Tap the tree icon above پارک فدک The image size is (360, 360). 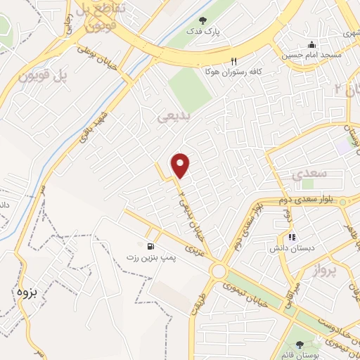[x=203, y=21]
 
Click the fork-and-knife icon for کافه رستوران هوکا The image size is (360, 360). [x=234, y=62]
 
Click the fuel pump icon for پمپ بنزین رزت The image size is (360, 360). [x=150, y=246]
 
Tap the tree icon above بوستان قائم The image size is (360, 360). [x=302, y=344]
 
